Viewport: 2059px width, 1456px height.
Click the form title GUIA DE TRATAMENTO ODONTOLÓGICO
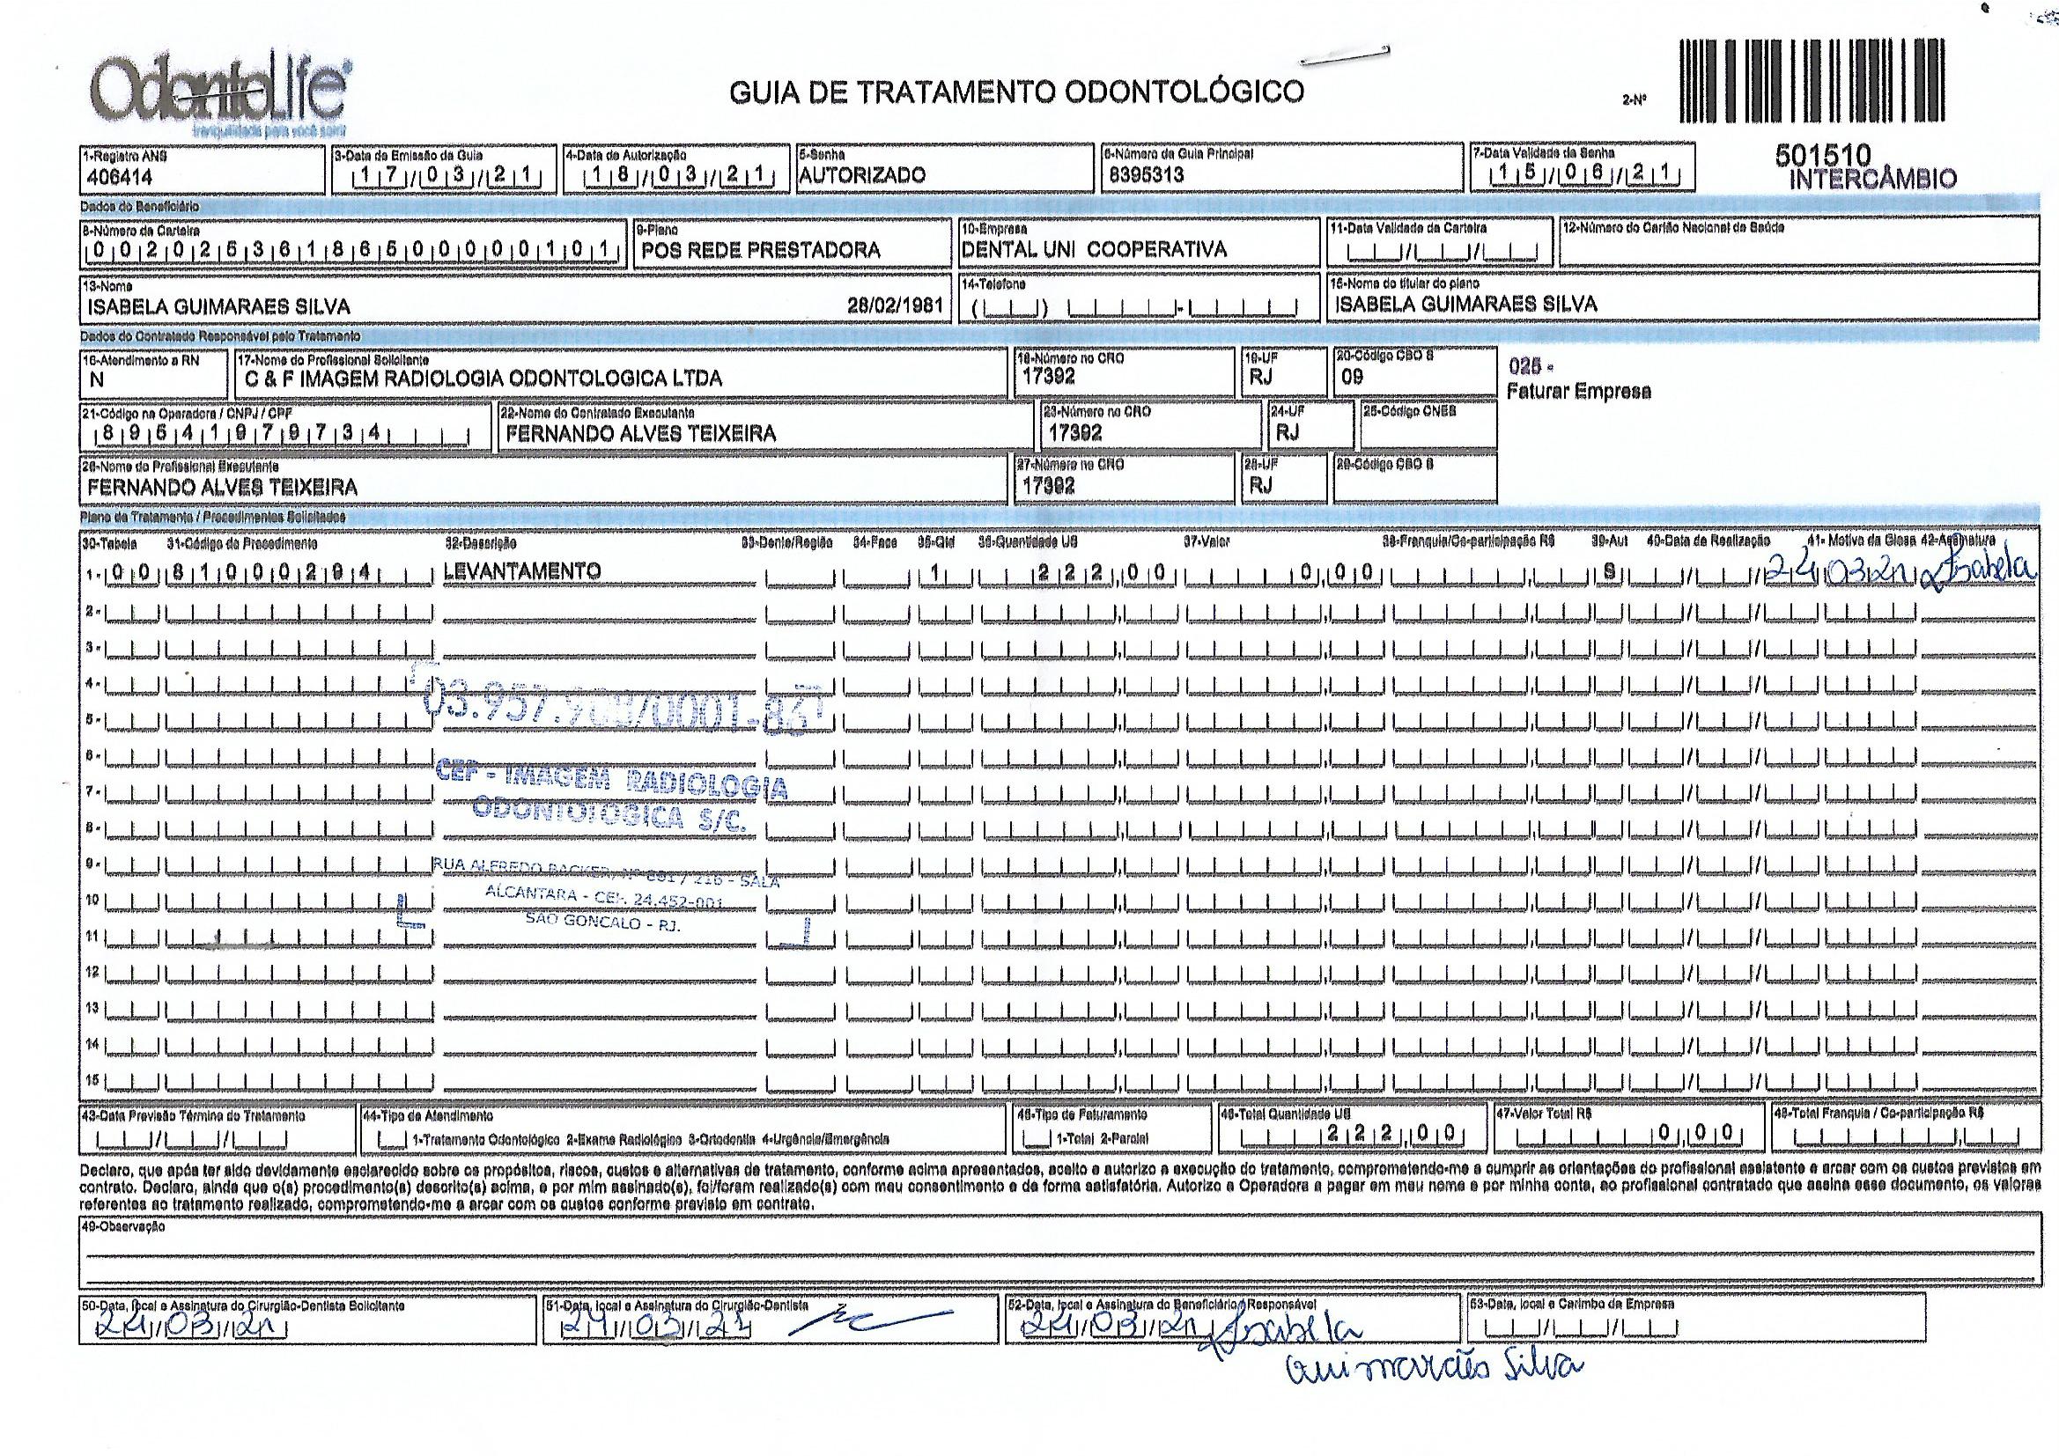pyautogui.click(x=1016, y=92)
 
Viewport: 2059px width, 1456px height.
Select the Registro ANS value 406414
pyautogui.click(x=120, y=178)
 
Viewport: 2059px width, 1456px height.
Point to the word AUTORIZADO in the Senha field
pyautogui.click(x=862, y=176)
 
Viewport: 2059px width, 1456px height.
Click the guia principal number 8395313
pyautogui.click(x=1146, y=176)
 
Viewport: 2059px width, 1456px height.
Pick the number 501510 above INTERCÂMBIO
pyautogui.click(x=1823, y=156)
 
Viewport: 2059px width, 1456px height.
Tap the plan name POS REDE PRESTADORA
pyautogui.click(x=761, y=250)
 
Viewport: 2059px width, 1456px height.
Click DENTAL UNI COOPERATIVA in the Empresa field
pyautogui.click(x=1093, y=249)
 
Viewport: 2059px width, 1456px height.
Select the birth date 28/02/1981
pyautogui.click(x=895, y=305)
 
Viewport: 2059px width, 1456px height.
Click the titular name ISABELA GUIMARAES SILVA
pyautogui.click(x=1465, y=305)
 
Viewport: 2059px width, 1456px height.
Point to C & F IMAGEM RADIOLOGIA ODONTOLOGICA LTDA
pyautogui.click(x=483, y=379)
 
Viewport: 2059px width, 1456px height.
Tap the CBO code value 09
pyautogui.click(x=1352, y=377)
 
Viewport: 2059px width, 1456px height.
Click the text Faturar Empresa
pyautogui.click(x=1578, y=392)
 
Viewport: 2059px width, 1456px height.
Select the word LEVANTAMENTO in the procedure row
pyautogui.click(x=522, y=571)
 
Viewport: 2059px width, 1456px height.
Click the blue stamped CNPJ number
pyautogui.click(x=624, y=709)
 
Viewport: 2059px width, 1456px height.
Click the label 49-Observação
pyautogui.click(x=123, y=1227)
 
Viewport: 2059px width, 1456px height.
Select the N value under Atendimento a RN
pyautogui.click(x=97, y=380)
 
